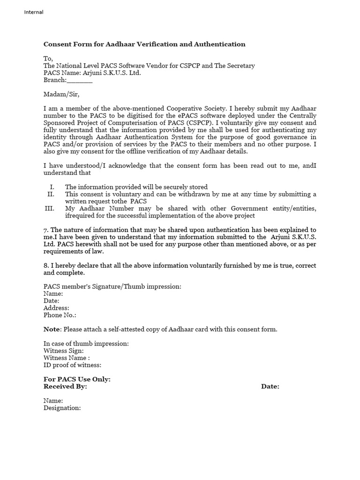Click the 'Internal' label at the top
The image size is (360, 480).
coord(34,12)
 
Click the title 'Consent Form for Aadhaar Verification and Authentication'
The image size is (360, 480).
coord(144,45)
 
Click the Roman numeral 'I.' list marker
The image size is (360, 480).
coord(52,187)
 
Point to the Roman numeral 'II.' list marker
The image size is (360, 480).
coord(52,194)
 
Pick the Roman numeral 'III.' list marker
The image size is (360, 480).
coord(50,209)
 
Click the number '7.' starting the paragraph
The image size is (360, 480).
coord(46,230)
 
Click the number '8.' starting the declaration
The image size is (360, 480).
coord(46,265)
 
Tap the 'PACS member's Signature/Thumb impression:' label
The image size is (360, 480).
coord(112,286)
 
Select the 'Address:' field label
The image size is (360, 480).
coord(56,308)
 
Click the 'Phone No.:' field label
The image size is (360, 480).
coord(60,315)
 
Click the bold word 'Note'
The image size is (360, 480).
coord(52,330)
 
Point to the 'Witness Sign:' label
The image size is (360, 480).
coord(64,351)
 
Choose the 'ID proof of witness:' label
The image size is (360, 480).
coord(72,365)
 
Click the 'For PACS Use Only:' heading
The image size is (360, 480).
coord(77,379)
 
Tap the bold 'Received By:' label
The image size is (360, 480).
coord(65,387)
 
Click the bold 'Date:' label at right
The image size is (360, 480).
coord(270,387)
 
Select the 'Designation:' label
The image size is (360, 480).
coord(62,408)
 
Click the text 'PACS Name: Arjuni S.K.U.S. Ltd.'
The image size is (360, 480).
coord(92,73)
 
